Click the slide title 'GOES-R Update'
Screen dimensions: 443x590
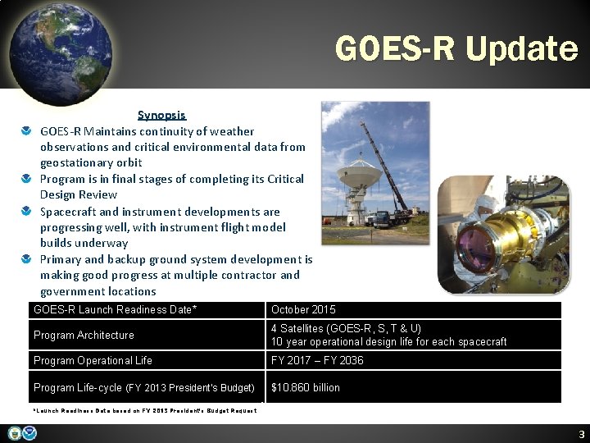(x=456, y=49)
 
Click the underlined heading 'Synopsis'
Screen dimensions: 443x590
(x=161, y=116)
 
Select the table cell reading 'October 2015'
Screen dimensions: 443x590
(x=303, y=310)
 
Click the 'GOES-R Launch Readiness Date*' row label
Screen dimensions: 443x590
(x=115, y=310)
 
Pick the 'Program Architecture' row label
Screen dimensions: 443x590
(x=84, y=335)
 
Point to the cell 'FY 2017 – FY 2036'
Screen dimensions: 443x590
(x=317, y=360)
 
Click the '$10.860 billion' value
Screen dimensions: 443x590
(x=306, y=387)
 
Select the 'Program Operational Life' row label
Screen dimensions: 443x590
(x=93, y=360)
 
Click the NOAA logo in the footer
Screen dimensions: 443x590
(x=29, y=433)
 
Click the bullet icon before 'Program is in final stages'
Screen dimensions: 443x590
(x=27, y=179)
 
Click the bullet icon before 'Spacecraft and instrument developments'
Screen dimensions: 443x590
(x=27, y=211)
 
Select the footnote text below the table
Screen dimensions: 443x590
(x=144, y=410)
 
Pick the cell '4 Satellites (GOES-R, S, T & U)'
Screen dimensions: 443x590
(x=347, y=328)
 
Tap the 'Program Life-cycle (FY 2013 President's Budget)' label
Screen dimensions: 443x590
(x=143, y=387)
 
